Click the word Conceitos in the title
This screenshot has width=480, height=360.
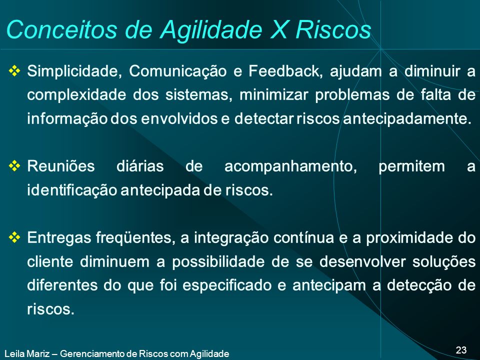[x=61, y=29]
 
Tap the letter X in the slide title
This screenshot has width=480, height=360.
[x=278, y=29]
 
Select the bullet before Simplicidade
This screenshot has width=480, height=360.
[x=14, y=71]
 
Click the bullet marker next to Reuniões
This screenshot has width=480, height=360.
[x=14, y=166]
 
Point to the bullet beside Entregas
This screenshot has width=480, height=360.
[x=14, y=237]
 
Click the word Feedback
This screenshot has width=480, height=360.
[x=285, y=71]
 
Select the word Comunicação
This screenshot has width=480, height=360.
[x=178, y=72]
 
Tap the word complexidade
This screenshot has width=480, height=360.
[x=76, y=95]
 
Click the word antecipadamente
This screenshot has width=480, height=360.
[x=407, y=119]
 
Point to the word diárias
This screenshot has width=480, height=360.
[x=140, y=166]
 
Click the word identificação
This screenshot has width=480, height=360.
[x=72, y=191]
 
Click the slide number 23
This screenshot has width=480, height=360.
[x=461, y=350]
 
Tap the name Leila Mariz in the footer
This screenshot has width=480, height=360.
[x=27, y=354]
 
